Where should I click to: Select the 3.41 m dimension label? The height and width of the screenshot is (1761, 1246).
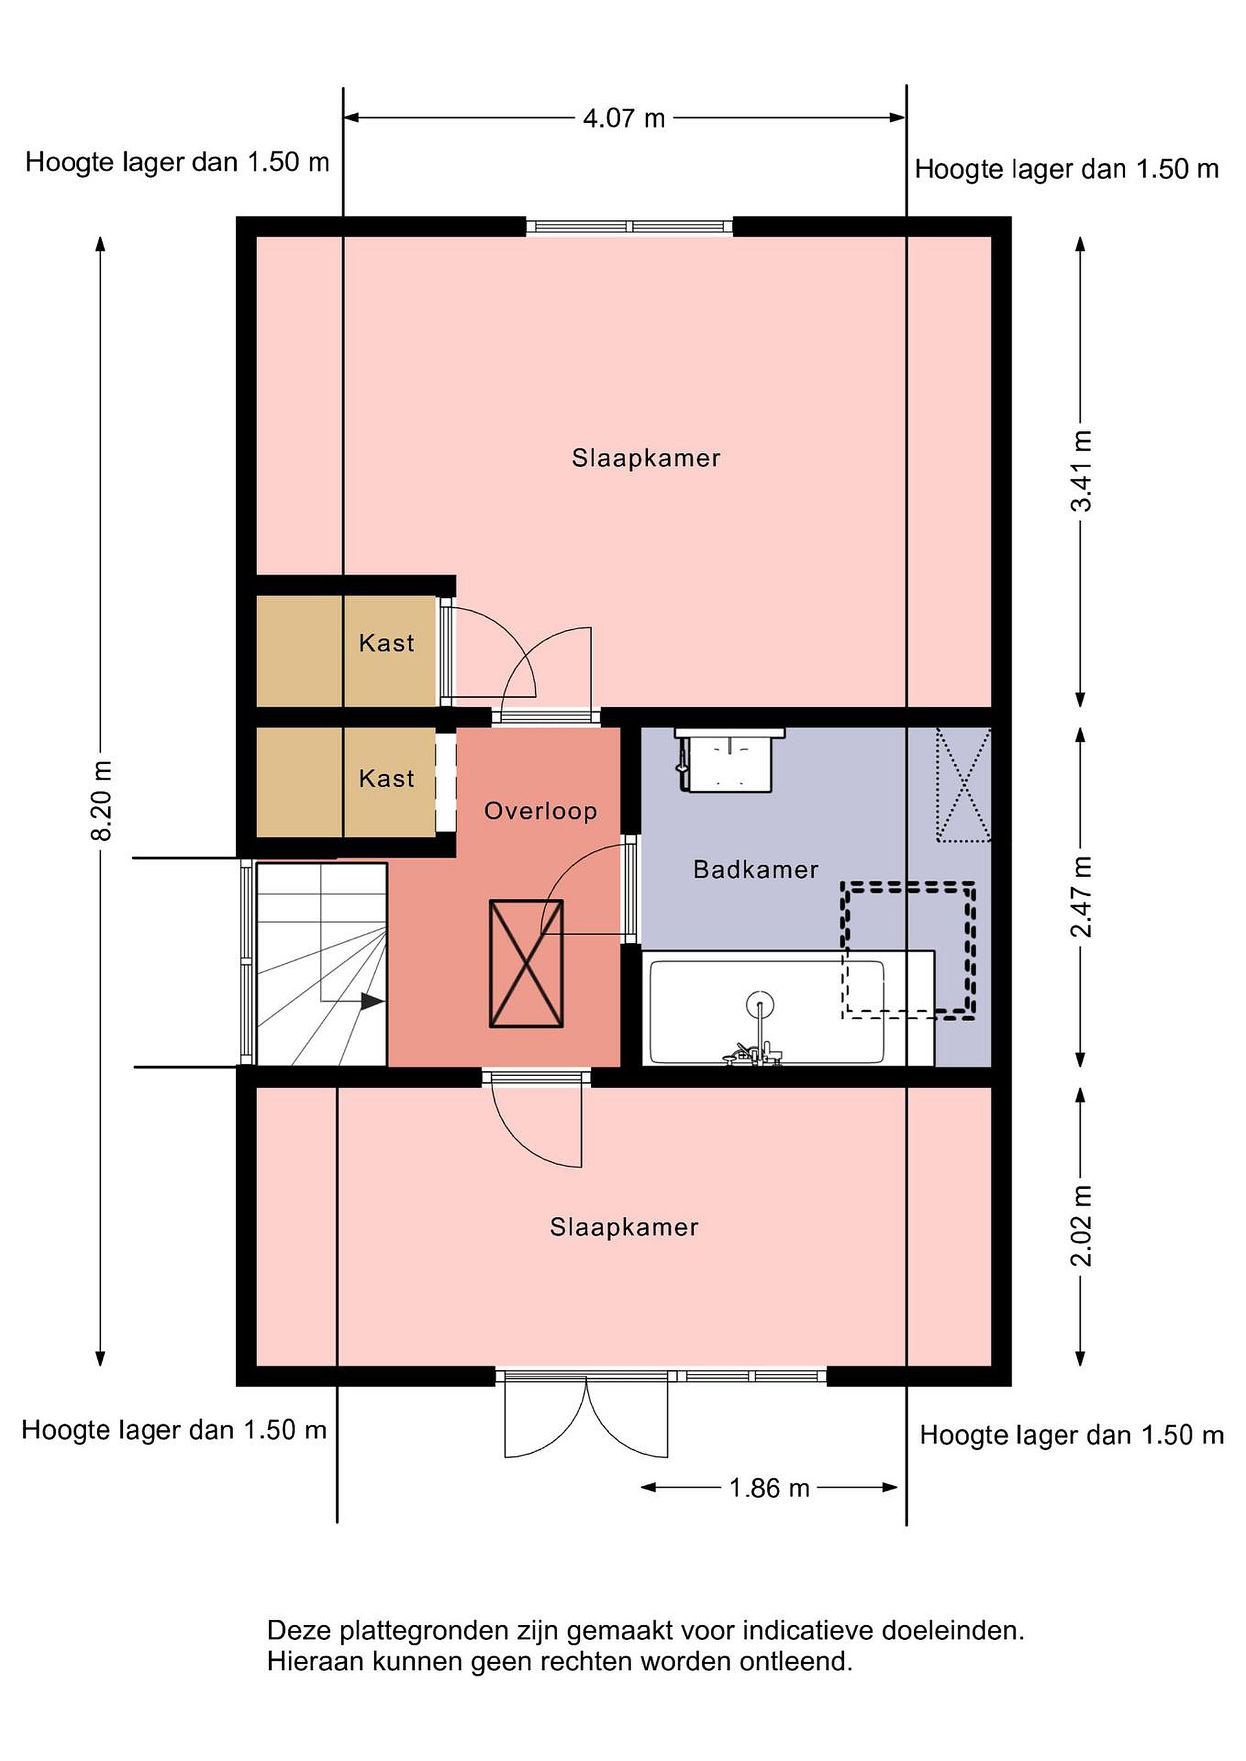(x=1082, y=470)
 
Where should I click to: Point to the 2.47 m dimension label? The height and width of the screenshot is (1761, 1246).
(x=1082, y=896)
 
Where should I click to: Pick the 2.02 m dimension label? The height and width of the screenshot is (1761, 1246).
(x=1082, y=1225)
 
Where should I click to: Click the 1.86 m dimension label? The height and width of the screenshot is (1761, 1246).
(x=769, y=1489)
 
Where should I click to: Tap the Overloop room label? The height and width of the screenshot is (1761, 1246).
(x=541, y=811)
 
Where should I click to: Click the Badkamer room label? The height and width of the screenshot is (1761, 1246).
(x=755, y=869)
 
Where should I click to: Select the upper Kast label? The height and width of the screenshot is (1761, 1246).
(x=387, y=643)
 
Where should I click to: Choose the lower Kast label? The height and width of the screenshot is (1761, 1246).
(x=387, y=779)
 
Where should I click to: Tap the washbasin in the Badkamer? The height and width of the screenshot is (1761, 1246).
(x=730, y=758)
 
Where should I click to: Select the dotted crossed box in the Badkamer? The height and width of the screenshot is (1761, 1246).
(x=963, y=785)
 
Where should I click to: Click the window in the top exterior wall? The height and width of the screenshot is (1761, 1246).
(x=630, y=226)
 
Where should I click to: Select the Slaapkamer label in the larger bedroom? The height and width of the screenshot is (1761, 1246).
(x=646, y=459)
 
